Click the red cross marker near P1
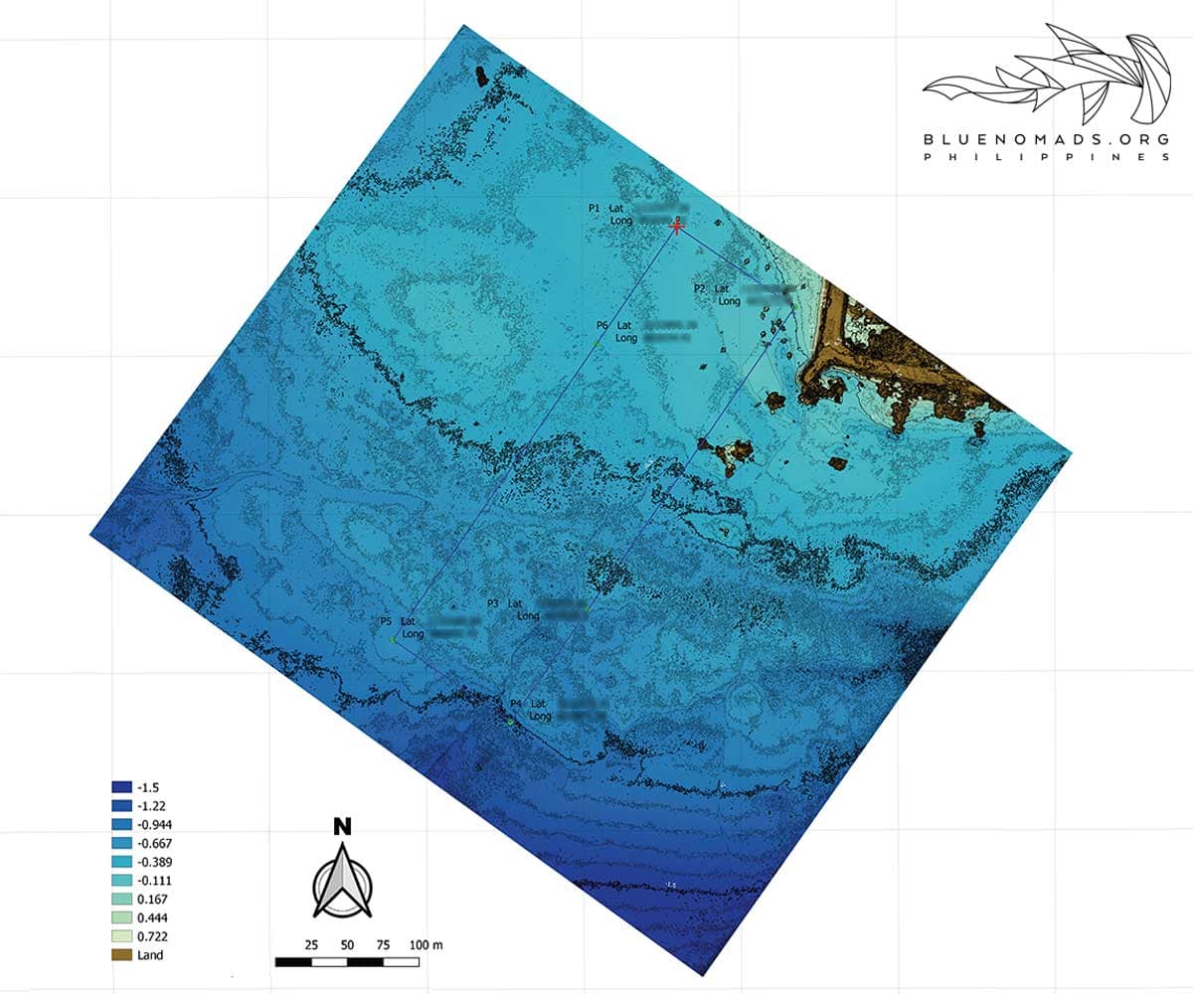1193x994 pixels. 677,227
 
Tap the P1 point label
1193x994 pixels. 594,208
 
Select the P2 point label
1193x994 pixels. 699,288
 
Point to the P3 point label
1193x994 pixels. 492,603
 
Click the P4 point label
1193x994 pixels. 515,704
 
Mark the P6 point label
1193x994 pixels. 601,325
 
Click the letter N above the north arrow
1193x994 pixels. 342,825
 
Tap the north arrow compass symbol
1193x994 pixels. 342,880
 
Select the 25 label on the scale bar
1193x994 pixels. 310,942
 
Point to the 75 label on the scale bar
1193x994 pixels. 383,942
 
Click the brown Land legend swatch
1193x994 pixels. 122,954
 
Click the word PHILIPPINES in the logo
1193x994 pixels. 1048,158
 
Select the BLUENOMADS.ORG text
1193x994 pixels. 1048,140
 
